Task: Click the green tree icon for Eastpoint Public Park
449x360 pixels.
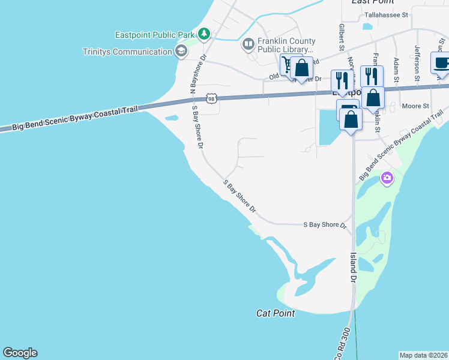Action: [204, 33]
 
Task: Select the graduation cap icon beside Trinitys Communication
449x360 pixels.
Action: [180, 52]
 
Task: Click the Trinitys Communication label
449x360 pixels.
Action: [127, 52]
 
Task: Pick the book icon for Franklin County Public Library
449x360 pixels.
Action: [248, 44]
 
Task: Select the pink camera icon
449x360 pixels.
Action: [387, 177]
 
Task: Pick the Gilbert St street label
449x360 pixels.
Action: [341, 37]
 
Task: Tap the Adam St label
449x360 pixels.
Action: [396, 70]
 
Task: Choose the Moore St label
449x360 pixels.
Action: [415, 106]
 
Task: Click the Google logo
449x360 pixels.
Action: [20, 353]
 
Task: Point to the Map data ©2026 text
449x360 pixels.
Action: [424, 355]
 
